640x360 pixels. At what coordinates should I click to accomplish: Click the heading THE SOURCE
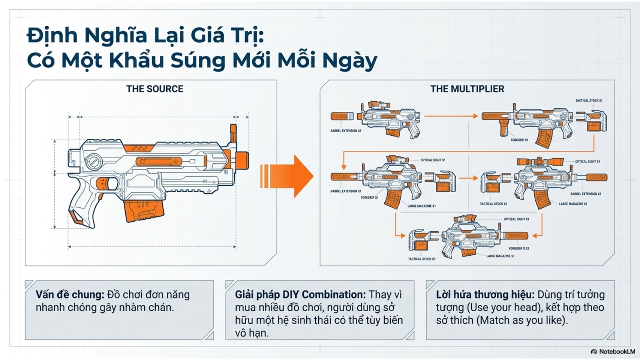coord(154,89)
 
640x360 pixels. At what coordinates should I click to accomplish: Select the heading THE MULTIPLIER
coord(467,89)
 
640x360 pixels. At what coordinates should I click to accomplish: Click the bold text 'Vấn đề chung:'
coord(70,294)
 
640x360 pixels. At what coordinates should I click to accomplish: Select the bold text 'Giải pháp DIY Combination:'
coord(300,294)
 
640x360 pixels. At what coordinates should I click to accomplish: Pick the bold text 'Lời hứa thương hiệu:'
coord(485,294)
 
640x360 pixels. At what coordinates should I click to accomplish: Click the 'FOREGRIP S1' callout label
coord(519,140)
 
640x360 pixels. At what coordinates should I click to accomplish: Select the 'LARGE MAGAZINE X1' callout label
coord(421,206)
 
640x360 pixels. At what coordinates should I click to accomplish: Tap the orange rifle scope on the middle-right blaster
coord(540,162)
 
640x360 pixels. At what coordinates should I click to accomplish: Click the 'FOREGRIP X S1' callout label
coord(519,248)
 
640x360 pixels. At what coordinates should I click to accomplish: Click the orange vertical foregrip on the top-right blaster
coord(503,127)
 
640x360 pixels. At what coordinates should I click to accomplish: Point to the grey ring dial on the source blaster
coord(95,161)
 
